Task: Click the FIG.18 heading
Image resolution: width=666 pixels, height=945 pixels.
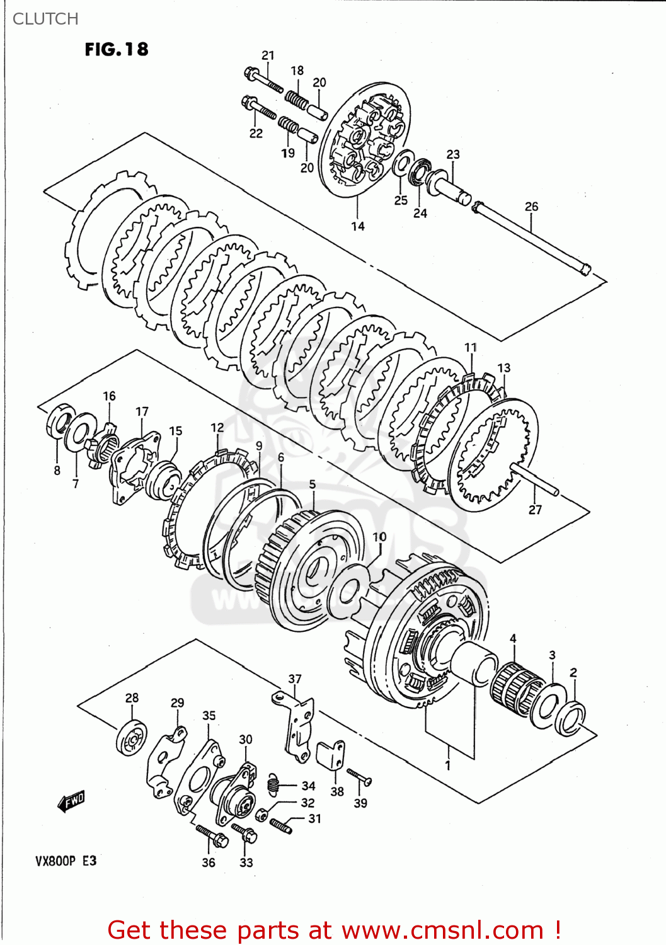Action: point(117,49)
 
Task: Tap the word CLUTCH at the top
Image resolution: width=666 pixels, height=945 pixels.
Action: point(45,19)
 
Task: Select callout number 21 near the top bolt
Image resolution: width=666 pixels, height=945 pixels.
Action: point(268,55)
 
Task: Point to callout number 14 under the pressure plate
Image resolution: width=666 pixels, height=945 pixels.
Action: point(358,226)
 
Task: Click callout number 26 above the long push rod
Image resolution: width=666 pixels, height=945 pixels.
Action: point(531,207)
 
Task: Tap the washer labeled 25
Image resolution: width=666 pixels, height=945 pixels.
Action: point(402,164)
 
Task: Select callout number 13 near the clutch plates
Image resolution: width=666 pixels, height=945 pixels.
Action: point(503,368)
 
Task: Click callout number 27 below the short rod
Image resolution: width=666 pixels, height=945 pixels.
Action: point(535,510)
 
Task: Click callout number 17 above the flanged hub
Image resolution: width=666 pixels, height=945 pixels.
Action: point(142,411)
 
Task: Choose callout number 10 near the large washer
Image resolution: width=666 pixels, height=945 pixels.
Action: point(379,537)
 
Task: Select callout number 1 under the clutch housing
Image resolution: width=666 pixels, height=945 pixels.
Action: point(448,765)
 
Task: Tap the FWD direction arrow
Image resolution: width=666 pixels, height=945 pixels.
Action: point(71,801)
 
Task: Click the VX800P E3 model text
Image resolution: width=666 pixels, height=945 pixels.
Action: point(66,861)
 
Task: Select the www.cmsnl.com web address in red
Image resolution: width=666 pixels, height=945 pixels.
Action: point(443,931)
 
